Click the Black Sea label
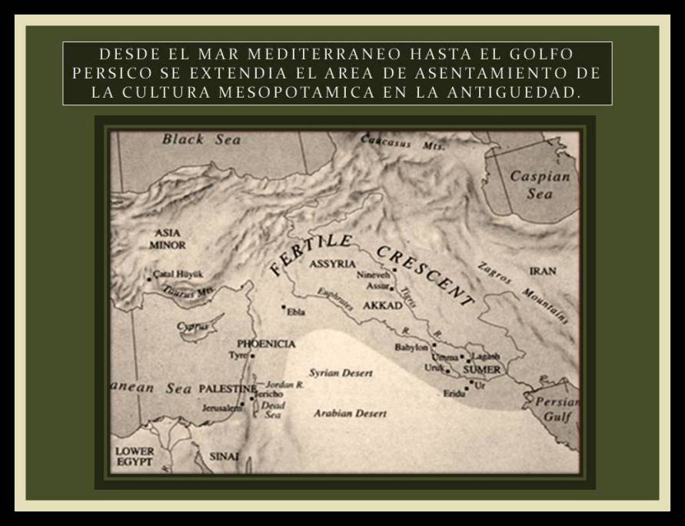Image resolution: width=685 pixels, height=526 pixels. click(x=201, y=140)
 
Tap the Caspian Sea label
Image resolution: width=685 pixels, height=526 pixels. click(x=540, y=185)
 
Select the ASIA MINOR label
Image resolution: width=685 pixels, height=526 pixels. click(x=168, y=238)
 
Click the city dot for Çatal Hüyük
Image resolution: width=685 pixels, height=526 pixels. click(x=149, y=278)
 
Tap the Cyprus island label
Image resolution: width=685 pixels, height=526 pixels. click(x=193, y=326)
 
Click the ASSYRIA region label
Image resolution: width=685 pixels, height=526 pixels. click(x=332, y=264)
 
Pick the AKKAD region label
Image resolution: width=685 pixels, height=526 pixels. click(x=383, y=305)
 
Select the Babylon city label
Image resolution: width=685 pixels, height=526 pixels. click(x=411, y=347)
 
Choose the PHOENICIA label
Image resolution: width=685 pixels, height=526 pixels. click(x=266, y=343)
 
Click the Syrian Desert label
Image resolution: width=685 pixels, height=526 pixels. click(x=341, y=373)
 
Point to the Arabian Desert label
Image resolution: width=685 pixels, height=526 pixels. click(x=350, y=414)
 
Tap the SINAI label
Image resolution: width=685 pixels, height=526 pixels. click(x=225, y=456)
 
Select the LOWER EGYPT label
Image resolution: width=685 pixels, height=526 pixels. click(x=135, y=456)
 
